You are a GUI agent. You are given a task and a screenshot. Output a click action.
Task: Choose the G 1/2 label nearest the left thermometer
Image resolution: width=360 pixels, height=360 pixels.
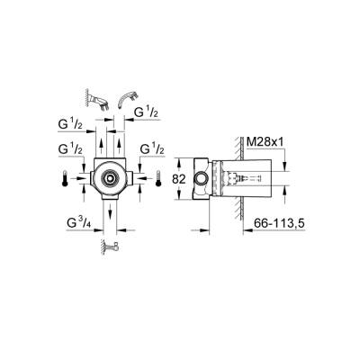pos(69,148)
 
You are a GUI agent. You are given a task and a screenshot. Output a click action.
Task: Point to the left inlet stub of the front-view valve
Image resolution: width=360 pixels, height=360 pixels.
pos(83,180)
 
